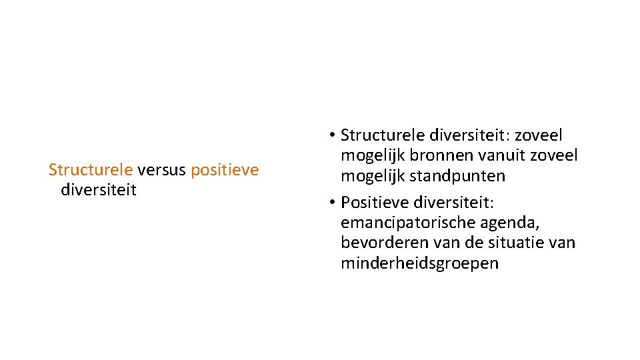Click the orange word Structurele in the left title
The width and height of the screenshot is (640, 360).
[x=91, y=170]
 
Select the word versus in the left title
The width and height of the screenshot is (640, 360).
[x=162, y=170]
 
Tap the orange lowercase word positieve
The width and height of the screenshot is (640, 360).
[x=225, y=170]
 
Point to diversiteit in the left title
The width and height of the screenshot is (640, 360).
[x=98, y=190]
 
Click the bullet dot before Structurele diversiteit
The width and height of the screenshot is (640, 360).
[x=331, y=136]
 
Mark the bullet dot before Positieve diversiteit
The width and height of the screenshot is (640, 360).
[x=331, y=202]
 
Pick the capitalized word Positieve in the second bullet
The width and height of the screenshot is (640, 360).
[x=374, y=201]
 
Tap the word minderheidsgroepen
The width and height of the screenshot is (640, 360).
[x=419, y=263]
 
